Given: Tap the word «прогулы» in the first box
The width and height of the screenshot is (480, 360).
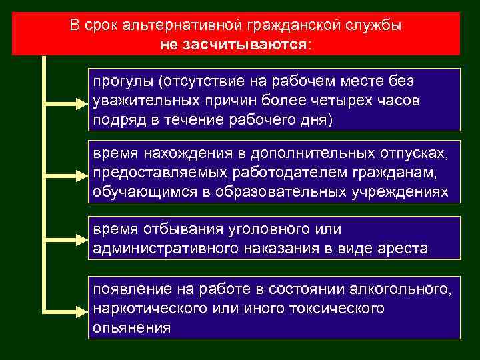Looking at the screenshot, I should tap(123, 81).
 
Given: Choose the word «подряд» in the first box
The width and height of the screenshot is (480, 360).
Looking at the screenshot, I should tap(116, 120).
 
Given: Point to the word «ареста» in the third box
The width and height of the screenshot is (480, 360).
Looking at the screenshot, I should tap(405, 249).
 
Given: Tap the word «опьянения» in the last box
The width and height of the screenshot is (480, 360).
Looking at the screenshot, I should tap(131, 328).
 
